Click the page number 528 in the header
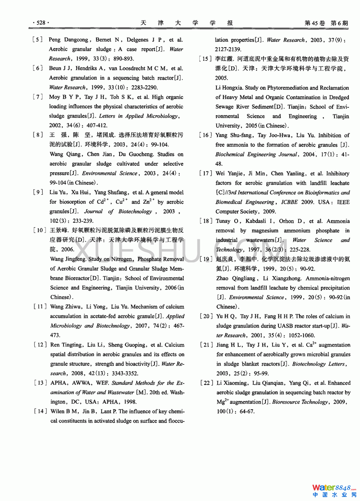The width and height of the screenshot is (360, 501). tap(41, 23)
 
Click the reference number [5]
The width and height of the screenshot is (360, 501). tap(37, 40)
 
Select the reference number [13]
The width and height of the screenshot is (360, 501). tap(40, 383)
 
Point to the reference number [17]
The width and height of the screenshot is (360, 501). tap(206, 173)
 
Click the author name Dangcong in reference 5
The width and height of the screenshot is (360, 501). tap(76, 40)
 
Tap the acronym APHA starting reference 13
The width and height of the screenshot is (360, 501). tap(59, 383)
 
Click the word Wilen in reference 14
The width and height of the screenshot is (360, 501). tap(58, 411)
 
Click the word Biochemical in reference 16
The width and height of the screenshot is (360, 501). tap(229, 154)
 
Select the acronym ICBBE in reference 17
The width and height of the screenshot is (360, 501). tap(289, 202)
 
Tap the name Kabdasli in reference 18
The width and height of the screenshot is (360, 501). tap(256, 221)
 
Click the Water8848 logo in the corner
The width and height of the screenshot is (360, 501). tap(334, 490)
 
